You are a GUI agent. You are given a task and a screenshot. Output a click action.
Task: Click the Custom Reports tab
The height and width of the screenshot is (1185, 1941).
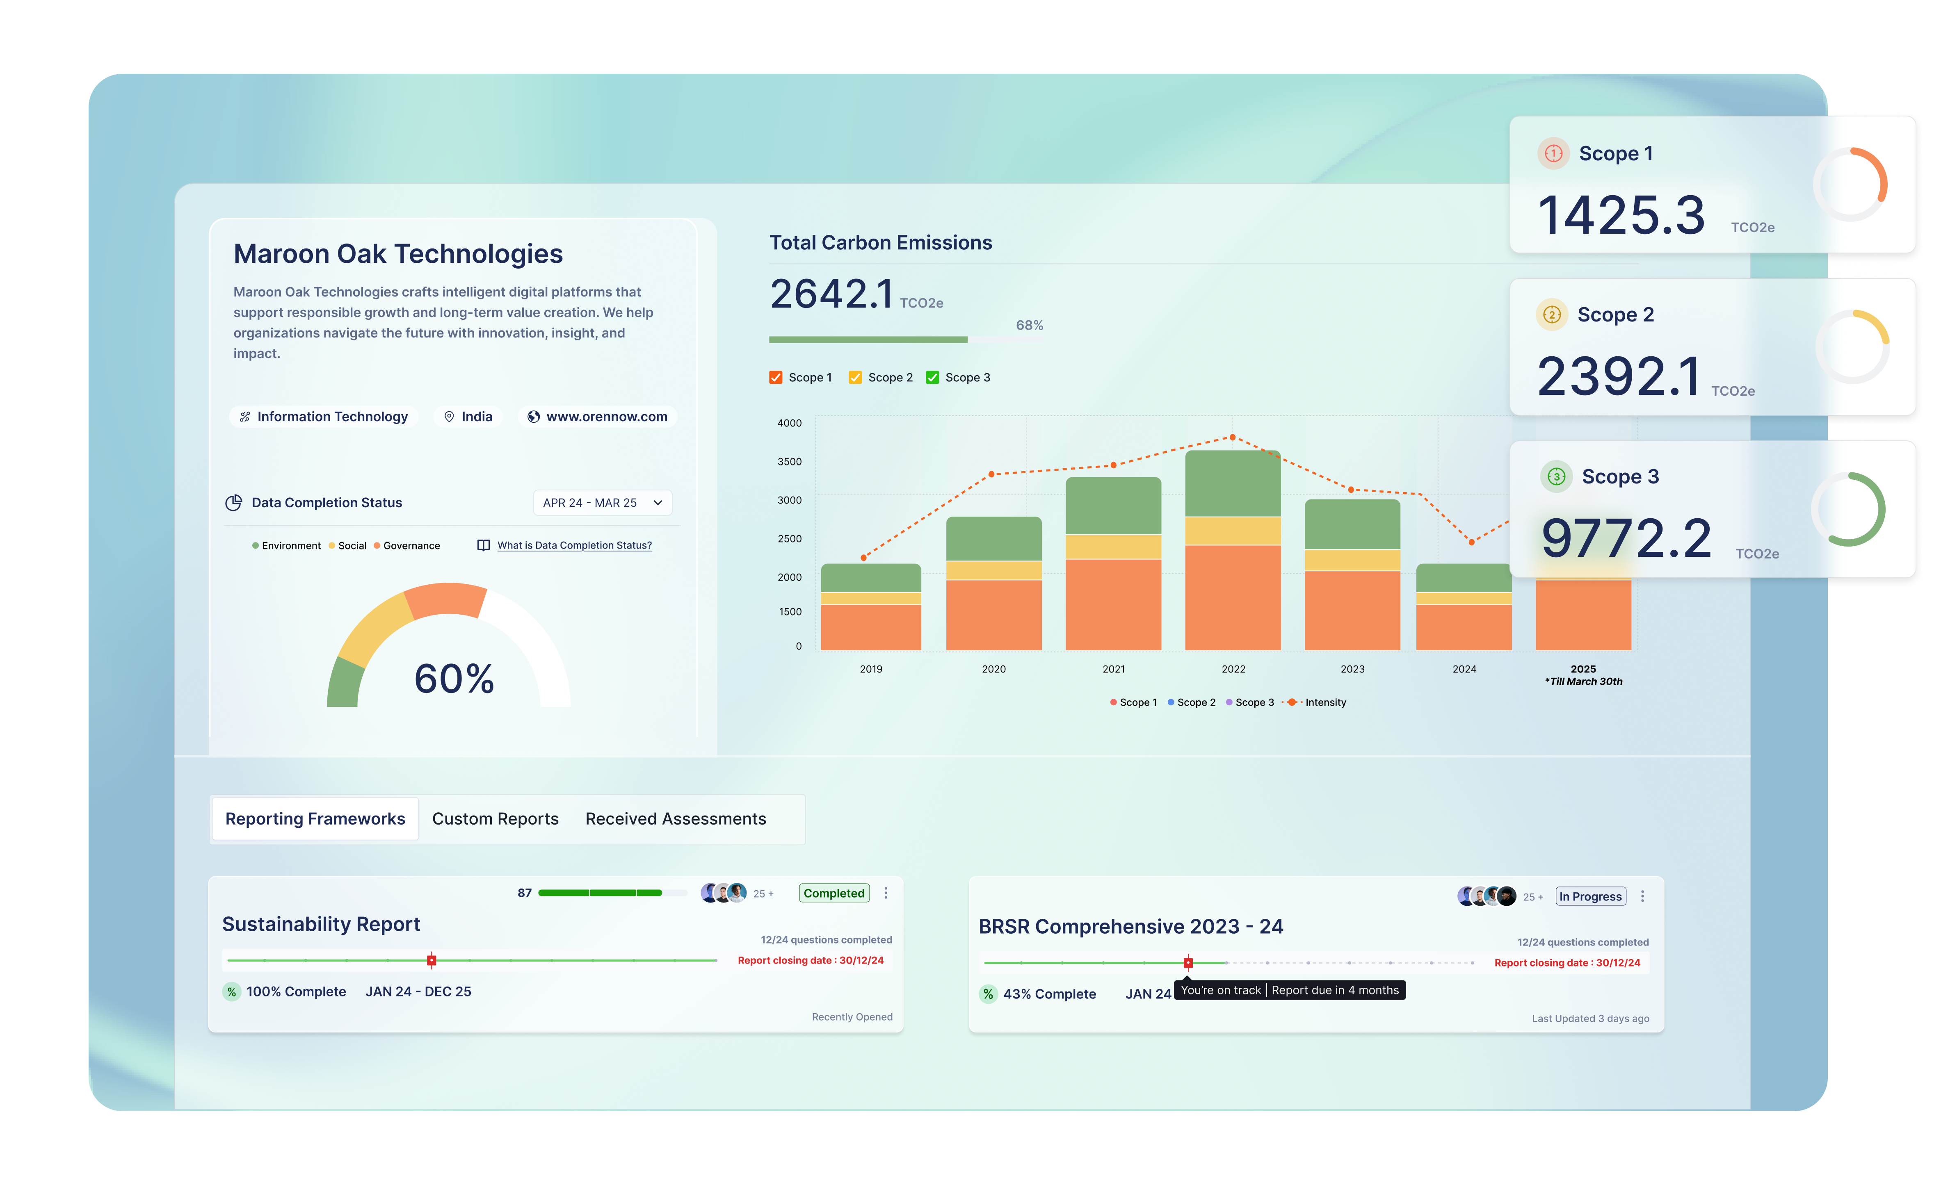(495, 819)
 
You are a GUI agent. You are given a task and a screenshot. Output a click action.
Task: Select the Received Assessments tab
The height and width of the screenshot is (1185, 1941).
(675, 819)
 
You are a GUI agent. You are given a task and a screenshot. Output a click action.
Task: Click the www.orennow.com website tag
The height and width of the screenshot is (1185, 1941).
(598, 417)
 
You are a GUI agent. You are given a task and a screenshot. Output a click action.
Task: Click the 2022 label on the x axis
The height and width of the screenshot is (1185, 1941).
(1233, 668)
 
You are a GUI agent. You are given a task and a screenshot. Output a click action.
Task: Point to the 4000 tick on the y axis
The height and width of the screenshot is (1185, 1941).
(789, 423)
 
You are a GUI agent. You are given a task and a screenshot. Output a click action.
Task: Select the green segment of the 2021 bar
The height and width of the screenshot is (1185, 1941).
(1113, 506)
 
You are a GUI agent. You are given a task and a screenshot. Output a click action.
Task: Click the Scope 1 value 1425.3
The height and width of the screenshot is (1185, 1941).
(1621, 215)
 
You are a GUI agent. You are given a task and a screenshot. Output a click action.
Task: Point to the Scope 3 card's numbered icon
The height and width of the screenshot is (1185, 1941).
(1556, 476)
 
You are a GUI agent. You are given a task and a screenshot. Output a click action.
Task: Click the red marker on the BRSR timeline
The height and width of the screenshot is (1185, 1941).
(1188, 962)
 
